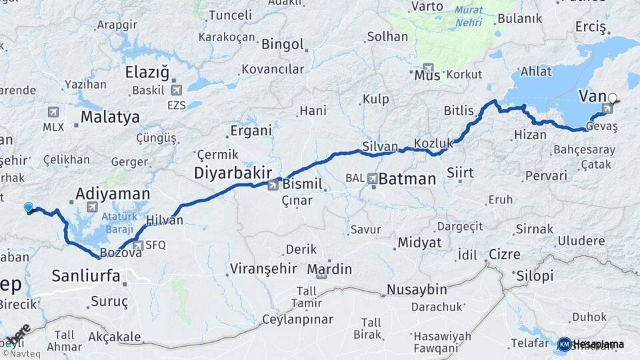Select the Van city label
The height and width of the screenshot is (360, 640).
pos(592,96)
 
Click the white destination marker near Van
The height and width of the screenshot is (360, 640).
pos(613,98)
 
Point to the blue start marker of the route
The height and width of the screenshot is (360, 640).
pos(28,207)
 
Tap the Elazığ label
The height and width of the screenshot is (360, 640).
pos(147,72)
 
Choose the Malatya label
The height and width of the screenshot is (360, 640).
pos(110,118)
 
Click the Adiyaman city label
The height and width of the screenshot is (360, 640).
pos(113,194)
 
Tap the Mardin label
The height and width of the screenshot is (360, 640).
pos(329,269)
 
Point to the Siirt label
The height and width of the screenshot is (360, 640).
pos(460,173)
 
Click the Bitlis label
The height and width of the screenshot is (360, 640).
pos(459,111)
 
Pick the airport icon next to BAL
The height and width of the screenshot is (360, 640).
pos(372,178)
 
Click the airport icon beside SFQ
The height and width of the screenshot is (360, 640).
pos(138,245)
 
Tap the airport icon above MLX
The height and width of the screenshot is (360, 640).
pos(53,112)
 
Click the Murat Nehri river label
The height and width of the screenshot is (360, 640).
pos(469,17)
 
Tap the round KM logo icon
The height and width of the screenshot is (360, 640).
pos(564,344)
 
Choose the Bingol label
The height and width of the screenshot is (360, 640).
pos(283,45)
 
